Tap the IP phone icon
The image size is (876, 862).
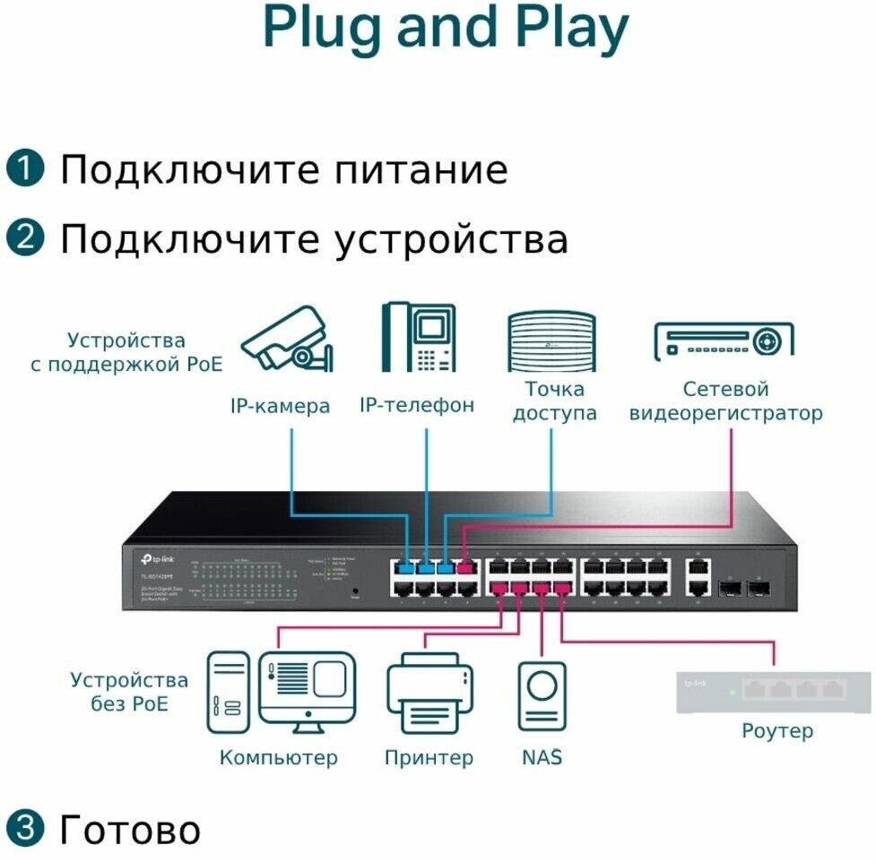(417, 338)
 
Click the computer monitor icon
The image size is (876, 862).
(307, 687)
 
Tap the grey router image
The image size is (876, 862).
(773, 692)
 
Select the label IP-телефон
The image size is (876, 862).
(417, 405)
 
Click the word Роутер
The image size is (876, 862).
(777, 731)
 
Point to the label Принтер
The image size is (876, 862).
(429, 758)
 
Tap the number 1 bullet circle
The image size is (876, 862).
(24, 168)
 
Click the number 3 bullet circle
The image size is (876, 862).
(24, 830)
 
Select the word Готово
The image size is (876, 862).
(130, 830)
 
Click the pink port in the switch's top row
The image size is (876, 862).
(464, 566)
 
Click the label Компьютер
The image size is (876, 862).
(279, 758)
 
